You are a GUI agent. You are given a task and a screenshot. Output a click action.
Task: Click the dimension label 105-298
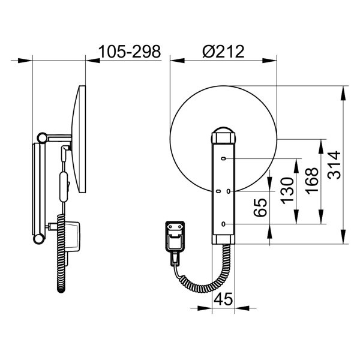[x=130, y=52]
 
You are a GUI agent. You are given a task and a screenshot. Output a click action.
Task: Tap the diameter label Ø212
[x=223, y=52]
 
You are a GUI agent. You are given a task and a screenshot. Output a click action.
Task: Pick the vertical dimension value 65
[x=260, y=206]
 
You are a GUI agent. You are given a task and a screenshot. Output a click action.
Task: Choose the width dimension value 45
[x=223, y=299]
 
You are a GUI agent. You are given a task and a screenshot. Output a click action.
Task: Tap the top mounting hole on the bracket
[x=223, y=159]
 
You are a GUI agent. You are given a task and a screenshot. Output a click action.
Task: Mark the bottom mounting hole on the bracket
[x=223, y=224]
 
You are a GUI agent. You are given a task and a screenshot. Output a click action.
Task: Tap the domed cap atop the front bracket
[x=223, y=133]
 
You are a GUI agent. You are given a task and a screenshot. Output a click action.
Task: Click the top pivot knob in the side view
[x=42, y=137]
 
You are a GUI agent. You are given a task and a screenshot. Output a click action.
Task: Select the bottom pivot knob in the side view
[x=40, y=239]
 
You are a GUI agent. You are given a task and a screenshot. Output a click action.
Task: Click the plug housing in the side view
[x=71, y=237]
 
